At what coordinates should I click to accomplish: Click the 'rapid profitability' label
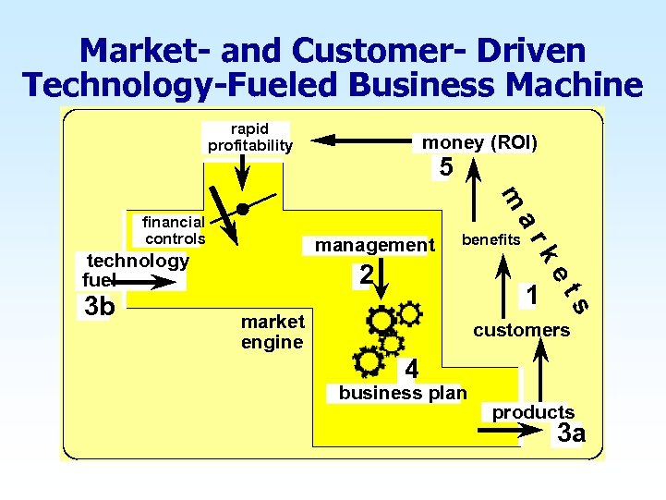[x=249, y=137]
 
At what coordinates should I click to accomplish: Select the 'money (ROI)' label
[x=479, y=142]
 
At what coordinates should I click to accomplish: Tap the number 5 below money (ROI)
[x=446, y=167]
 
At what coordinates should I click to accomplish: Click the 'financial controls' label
[x=174, y=230]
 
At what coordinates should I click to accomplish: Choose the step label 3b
[x=99, y=306]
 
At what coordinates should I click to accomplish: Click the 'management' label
[x=374, y=245]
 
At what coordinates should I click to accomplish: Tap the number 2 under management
[x=367, y=274]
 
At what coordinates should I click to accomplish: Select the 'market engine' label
[x=272, y=332]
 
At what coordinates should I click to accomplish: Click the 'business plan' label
[x=402, y=392]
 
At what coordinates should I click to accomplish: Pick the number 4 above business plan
[x=412, y=369]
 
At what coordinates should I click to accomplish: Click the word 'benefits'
[x=491, y=239]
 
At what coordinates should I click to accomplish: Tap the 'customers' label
[x=521, y=330]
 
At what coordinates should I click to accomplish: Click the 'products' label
[x=533, y=412]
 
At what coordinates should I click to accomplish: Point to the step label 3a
[x=571, y=433]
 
